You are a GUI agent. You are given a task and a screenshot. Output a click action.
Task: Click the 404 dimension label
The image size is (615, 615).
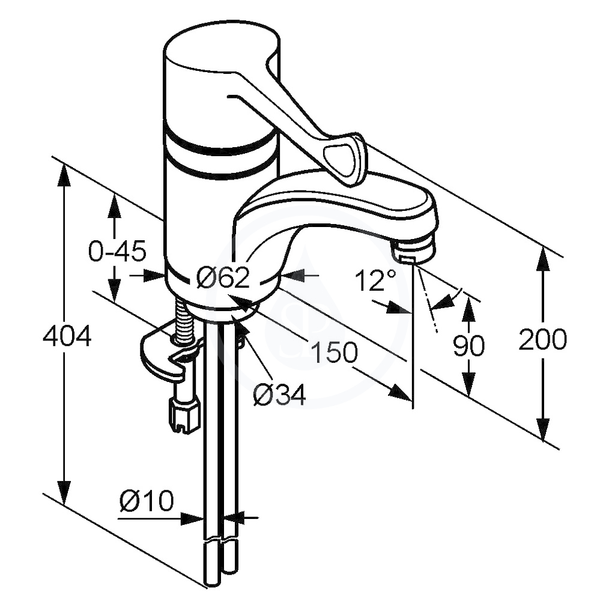pos(67,336)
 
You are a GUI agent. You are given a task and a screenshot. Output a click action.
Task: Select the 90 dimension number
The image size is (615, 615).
pos(468,345)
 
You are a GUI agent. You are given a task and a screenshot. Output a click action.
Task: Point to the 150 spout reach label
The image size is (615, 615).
pos(334,352)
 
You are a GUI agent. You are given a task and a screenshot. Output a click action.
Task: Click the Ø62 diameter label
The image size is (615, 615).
pos(223,277)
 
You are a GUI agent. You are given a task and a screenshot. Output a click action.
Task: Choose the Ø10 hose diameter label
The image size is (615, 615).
pos(147,500)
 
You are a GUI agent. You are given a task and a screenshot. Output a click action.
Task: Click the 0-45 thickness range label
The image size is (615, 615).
pos(117,251)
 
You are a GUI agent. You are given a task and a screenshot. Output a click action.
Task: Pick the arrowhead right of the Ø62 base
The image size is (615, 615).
pos(293,276)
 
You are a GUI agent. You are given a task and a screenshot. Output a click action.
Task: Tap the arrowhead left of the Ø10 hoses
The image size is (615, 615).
pos(192,518)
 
